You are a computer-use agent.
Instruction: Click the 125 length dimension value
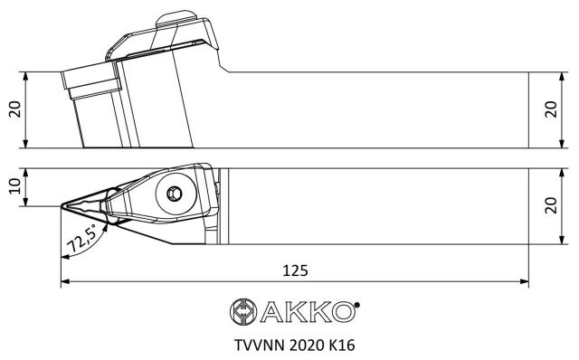pyautogui.click(x=295, y=270)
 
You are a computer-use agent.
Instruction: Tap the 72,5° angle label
pyautogui.click(x=81, y=239)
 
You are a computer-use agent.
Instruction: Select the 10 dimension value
pyautogui.click(x=15, y=186)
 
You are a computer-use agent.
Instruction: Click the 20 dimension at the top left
pyautogui.click(x=15, y=109)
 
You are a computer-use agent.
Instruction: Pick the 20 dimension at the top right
pyautogui.click(x=551, y=109)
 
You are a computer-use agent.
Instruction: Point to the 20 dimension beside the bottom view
pyautogui.click(x=551, y=205)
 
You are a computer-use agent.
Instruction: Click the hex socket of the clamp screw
pyautogui.click(x=174, y=193)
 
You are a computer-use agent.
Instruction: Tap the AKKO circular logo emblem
pyautogui.click(x=243, y=312)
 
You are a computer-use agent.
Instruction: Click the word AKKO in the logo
pyautogui.click(x=308, y=312)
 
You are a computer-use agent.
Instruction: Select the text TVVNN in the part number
pyautogui.click(x=260, y=346)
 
